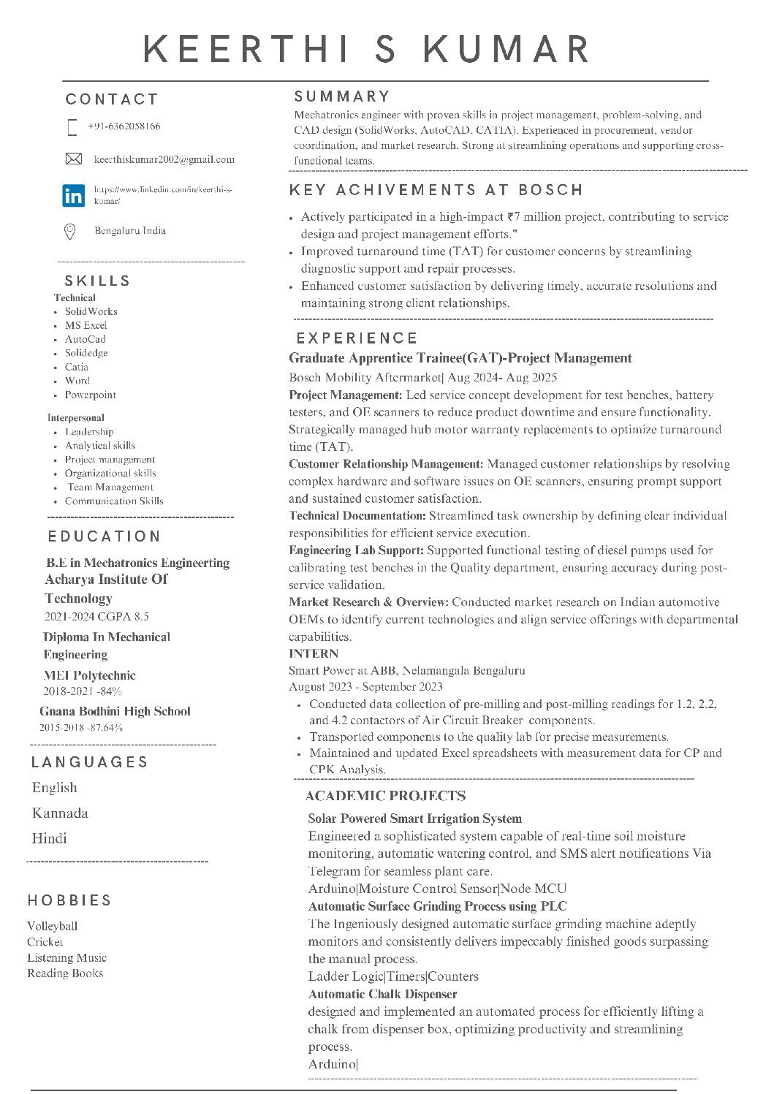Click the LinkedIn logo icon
coord(74,195)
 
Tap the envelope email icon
coord(73,159)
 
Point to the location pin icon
coord(70,232)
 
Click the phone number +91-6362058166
coord(124,126)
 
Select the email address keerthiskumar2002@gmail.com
coord(164,159)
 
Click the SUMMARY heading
coord(342,96)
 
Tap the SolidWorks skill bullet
coord(91,311)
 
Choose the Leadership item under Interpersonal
coord(89,432)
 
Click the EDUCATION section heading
coord(105,536)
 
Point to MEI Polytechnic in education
coord(89,675)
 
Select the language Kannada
coord(60,813)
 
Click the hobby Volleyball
coord(52,926)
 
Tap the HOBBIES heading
coord(69,900)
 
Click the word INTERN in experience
coord(314,653)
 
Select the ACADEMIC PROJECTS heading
coord(385,796)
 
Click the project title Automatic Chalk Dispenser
coord(382,994)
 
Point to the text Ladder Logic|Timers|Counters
coord(393,976)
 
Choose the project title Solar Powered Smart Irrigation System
coord(414,818)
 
